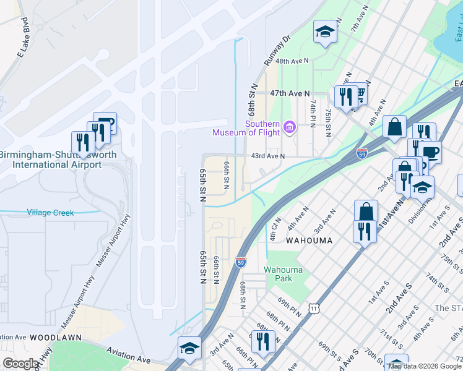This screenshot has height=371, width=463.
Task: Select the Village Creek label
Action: pos(50,213)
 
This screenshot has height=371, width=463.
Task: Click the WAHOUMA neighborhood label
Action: pos(309,240)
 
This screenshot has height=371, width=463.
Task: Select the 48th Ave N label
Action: pos(292,62)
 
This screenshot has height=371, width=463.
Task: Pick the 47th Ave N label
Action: pos(289,93)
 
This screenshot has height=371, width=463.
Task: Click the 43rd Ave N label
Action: pos(267,156)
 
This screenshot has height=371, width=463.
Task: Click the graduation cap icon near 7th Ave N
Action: pos(325,31)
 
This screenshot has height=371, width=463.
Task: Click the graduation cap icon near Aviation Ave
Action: pos(189,347)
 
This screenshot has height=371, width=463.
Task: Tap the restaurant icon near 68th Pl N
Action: pos(262,341)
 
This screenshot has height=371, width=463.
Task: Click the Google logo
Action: pos(20,364)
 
